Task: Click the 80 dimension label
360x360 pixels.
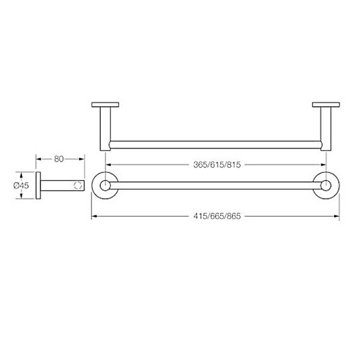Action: tap(59, 159)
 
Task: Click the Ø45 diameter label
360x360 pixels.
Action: tap(22, 186)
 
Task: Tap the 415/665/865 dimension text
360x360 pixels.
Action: tap(217, 216)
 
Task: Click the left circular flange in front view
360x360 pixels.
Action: tap(105, 185)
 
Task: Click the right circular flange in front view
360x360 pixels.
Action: tap(326, 185)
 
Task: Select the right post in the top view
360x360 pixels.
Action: tap(326, 127)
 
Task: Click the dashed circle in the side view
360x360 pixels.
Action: tap(77, 185)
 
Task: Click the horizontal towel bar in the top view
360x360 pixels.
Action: tap(216, 143)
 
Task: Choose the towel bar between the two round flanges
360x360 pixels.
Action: tap(216, 185)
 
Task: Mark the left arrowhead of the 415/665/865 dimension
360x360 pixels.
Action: tap(93, 216)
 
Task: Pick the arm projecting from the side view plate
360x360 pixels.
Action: tap(60, 185)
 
